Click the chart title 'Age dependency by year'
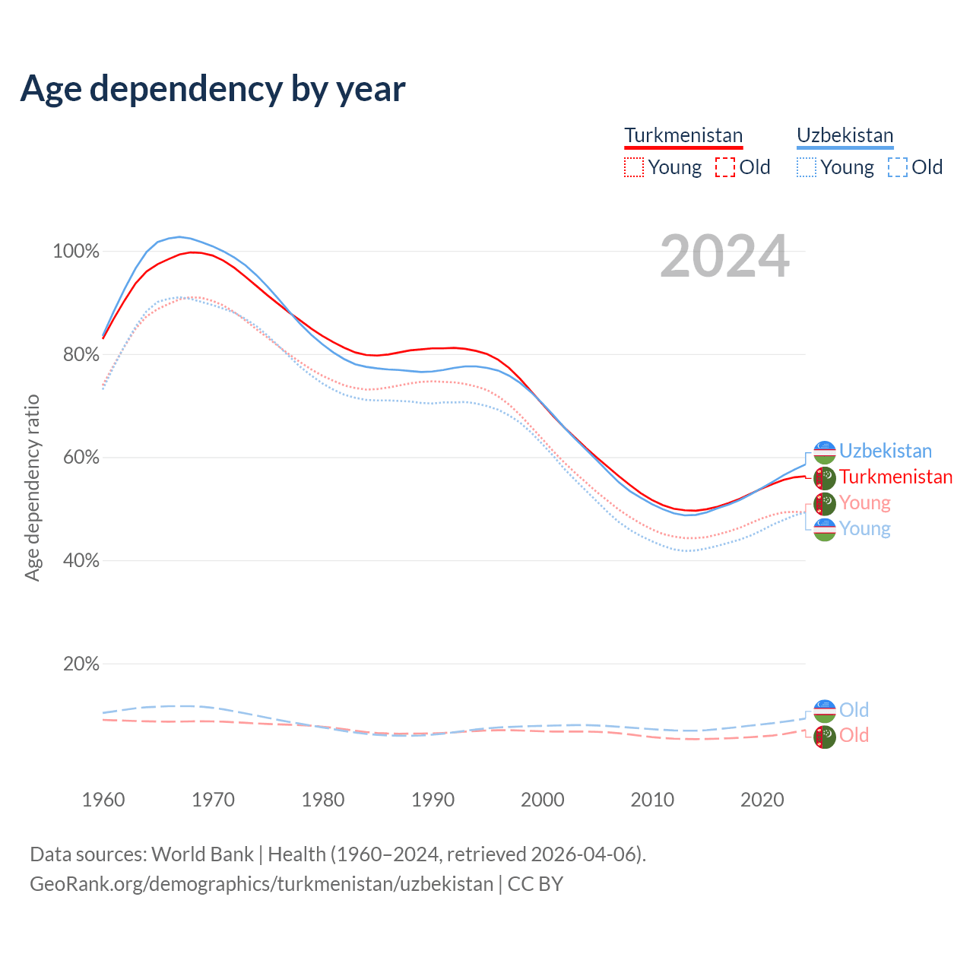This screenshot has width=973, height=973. pos(213,89)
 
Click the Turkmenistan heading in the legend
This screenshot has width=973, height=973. pos(683,135)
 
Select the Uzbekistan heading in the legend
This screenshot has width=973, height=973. pos(845,135)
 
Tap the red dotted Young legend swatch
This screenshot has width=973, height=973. pos(633,167)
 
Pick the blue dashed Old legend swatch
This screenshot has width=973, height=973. pos(897,167)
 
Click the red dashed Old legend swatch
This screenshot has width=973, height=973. pos(725,167)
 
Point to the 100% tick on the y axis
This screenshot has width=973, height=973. pos(76,252)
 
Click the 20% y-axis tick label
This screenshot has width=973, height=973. pos(81,664)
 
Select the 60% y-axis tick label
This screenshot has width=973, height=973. pos(81,458)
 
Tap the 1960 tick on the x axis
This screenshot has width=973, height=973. pos(103,800)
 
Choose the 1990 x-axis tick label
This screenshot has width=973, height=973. pos(433,800)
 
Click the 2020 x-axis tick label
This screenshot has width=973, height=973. pos(762,800)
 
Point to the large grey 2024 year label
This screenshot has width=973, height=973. pos(724,257)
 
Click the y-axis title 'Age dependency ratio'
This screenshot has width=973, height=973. pos(32,487)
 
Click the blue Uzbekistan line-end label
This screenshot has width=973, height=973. pos(885,451)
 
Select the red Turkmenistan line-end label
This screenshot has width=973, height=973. pos(895,477)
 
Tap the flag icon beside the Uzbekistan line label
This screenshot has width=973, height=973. pos(825,452)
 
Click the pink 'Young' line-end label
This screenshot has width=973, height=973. pos(864,502)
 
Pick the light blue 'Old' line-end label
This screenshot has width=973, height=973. pos(854,710)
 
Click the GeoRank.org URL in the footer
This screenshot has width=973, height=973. pos(261,884)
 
